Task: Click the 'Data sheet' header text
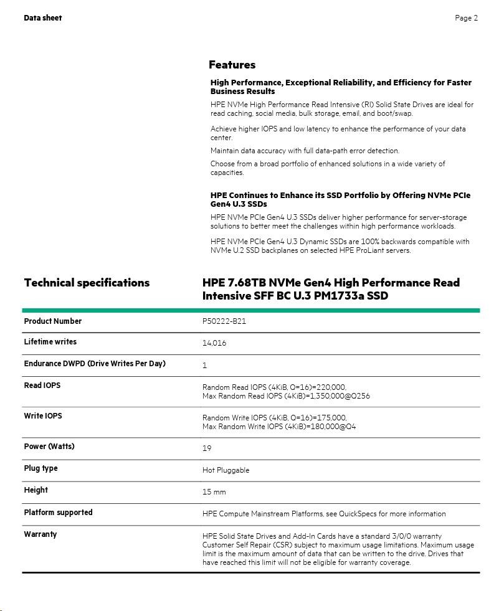42,18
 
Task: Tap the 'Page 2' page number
466,18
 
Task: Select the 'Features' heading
232,65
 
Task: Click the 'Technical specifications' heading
87,283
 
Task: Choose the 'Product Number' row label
52,321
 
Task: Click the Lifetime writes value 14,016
214,343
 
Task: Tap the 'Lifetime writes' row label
50,342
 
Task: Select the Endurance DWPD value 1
204,366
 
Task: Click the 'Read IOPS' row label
42,386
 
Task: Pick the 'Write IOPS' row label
42,416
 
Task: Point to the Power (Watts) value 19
207,448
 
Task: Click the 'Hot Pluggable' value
226,470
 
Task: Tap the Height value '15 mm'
214,492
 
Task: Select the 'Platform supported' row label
58,513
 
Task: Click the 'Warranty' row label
40,534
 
